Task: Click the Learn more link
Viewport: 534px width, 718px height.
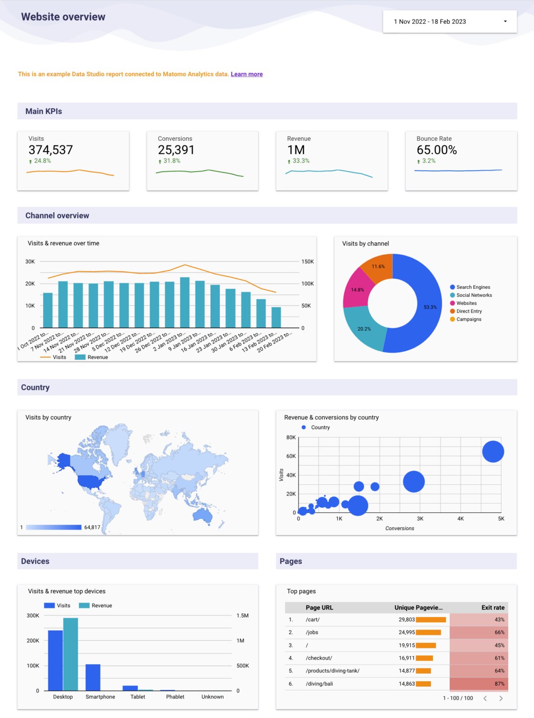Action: (x=247, y=74)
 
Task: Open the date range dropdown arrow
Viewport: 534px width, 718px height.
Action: (x=505, y=22)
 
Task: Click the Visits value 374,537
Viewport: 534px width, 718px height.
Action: (x=51, y=150)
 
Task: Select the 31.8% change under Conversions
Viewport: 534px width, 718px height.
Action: (x=171, y=161)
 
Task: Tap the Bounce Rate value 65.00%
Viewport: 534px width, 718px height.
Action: (x=437, y=150)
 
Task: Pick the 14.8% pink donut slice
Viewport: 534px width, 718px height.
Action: (x=357, y=290)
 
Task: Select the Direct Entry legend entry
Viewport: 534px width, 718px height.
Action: (x=468, y=311)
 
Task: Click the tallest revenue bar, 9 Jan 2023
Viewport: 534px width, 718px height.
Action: (x=185, y=303)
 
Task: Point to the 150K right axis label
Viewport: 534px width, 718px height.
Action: (x=307, y=262)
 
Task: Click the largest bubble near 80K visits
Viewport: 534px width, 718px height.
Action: (x=493, y=452)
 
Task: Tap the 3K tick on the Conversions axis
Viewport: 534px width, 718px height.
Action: (x=420, y=519)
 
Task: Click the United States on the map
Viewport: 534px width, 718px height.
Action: (x=92, y=481)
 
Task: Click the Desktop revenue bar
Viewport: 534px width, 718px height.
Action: (x=71, y=654)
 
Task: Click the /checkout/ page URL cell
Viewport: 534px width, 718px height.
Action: (x=319, y=658)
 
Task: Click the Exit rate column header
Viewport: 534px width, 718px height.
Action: (x=493, y=608)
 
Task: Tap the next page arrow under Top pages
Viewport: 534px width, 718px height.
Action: (x=501, y=698)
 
